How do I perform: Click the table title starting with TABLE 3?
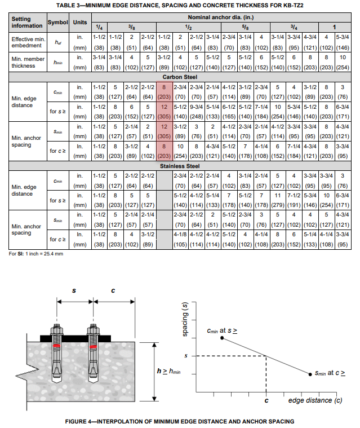coord(180,5)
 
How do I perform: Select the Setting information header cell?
coord(27,23)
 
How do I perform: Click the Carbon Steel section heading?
coord(180,77)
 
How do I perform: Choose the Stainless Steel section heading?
coord(180,166)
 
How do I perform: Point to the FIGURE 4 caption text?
coord(180,421)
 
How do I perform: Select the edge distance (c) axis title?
coord(315,400)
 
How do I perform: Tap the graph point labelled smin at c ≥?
coord(310,373)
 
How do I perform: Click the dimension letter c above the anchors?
coord(112,291)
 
